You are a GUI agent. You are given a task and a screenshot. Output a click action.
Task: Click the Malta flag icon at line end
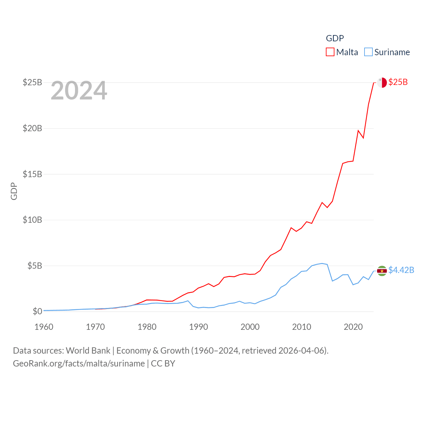click(x=382, y=83)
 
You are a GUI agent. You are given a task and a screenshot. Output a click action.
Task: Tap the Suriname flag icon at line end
click(x=382, y=271)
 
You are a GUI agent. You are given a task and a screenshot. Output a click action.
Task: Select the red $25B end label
click(x=398, y=82)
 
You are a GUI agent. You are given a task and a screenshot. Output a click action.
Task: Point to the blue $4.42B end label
click(x=401, y=270)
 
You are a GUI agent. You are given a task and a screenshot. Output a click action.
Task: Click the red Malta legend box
click(x=330, y=52)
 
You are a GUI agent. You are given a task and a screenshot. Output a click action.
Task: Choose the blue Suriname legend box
click(x=368, y=52)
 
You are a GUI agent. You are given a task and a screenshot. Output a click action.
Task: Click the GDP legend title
click(x=335, y=38)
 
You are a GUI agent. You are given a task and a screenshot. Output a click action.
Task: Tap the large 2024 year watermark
click(x=79, y=91)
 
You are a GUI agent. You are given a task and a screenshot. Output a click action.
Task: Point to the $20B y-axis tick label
click(x=32, y=128)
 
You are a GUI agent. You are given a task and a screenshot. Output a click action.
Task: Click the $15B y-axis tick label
click(x=32, y=174)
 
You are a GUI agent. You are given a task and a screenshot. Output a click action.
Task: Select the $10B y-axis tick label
click(x=32, y=220)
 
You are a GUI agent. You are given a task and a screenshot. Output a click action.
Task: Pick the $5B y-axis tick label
click(x=35, y=266)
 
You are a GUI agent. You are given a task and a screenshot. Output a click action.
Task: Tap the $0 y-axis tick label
click(x=37, y=311)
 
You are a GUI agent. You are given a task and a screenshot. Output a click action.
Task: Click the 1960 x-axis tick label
click(x=44, y=327)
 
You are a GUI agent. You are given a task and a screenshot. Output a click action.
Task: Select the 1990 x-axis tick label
click(x=199, y=327)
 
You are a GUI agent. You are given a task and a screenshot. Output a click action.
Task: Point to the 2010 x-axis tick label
click(x=302, y=327)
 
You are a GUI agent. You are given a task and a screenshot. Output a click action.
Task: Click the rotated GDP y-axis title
click(x=14, y=191)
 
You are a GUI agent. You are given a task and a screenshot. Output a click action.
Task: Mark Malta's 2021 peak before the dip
click(x=358, y=131)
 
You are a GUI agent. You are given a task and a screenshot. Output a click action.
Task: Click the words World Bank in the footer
click(x=88, y=351)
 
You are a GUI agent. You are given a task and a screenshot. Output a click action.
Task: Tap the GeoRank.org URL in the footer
click(x=79, y=364)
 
